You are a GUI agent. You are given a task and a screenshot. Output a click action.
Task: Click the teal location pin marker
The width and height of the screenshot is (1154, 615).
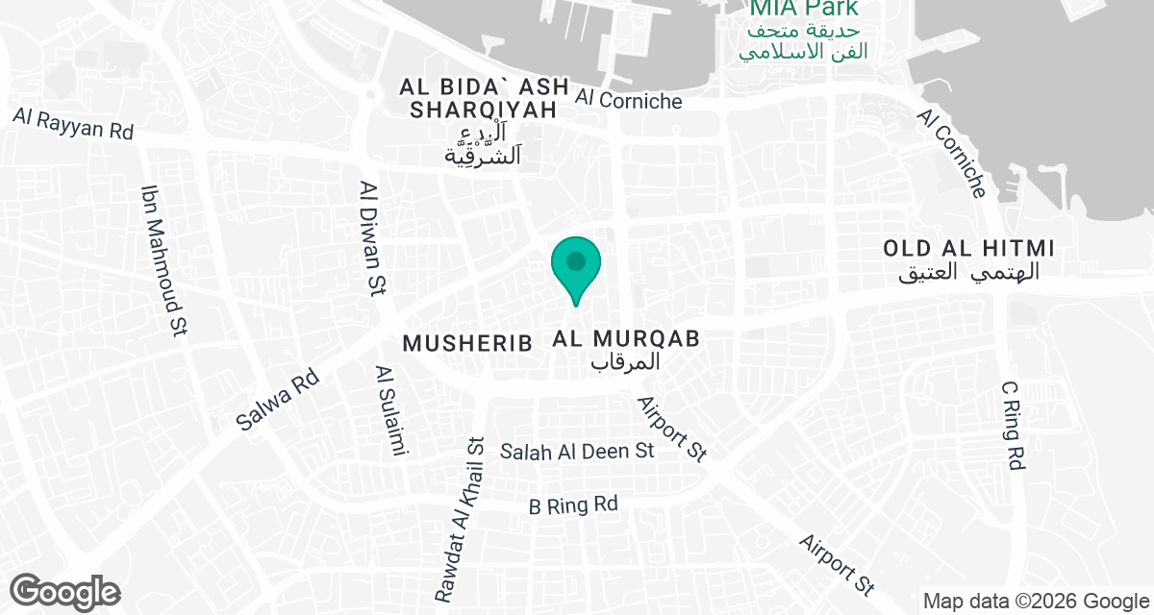point(576,266)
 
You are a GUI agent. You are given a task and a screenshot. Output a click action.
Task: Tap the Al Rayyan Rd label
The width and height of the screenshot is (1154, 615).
point(73,123)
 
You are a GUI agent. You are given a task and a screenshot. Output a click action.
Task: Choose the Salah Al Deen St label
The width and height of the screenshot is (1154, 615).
point(577,451)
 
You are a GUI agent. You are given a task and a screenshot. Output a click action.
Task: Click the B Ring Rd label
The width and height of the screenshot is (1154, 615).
point(574,504)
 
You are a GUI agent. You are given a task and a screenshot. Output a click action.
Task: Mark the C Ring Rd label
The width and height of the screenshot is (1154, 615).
point(1012,426)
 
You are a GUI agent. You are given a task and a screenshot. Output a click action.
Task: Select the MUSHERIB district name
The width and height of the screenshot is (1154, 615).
point(467,343)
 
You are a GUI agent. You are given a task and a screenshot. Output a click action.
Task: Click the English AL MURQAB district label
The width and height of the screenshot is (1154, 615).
point(625,338)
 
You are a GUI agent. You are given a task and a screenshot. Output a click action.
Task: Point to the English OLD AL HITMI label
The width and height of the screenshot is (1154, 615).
point(970,249)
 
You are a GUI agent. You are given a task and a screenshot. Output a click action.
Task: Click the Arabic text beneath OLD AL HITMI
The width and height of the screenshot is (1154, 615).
point(970,273)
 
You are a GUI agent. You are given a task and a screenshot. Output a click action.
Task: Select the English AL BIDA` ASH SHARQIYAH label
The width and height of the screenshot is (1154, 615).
point(484,99)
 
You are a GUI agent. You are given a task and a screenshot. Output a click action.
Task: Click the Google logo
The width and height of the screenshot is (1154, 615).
point(65,591)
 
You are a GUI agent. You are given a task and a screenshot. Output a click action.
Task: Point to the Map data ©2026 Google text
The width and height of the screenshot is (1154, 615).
point(1035,602)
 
